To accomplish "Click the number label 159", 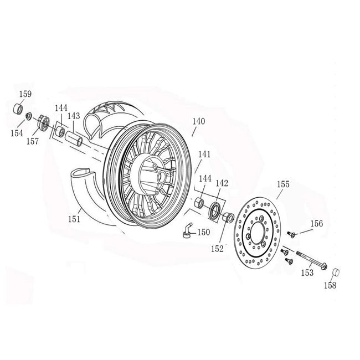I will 25,94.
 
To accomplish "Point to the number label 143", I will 74,116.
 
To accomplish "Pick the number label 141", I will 204,156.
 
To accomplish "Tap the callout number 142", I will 222,183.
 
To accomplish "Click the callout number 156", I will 316,224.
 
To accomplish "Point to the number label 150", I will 203,233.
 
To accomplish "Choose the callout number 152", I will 217,249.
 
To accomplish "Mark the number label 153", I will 306,272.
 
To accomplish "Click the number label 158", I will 330,286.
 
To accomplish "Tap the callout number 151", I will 74,219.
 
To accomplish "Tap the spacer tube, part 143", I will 75,137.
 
